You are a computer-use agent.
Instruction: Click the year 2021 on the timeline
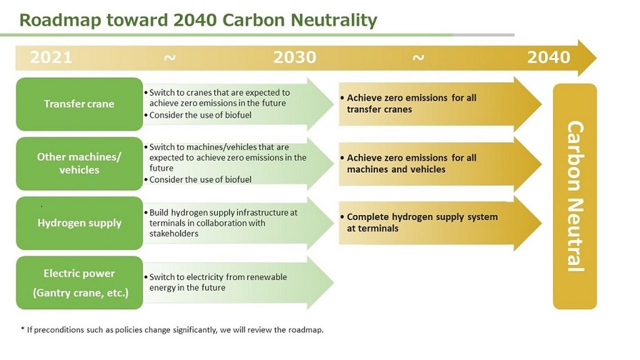point(51,57)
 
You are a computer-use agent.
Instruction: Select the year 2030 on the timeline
point(295,57)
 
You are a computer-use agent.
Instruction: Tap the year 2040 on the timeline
point(548,57)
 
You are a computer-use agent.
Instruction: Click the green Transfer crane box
point(79,104)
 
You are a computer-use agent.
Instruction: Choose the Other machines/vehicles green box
point(79,164)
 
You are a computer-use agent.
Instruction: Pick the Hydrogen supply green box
point(79,223)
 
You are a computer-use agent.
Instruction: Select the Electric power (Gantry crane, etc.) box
point(79,283)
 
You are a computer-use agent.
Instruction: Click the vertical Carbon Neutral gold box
point(575,196)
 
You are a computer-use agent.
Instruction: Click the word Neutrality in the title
point(334,20)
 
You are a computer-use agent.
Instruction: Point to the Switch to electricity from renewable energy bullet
point(218,282)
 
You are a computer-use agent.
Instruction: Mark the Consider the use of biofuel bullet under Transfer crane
point(200,115)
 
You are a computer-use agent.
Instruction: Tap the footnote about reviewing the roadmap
point(172,330)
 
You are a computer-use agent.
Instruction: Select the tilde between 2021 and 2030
point(169,58)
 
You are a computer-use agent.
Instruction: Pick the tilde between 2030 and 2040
point(418,58)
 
